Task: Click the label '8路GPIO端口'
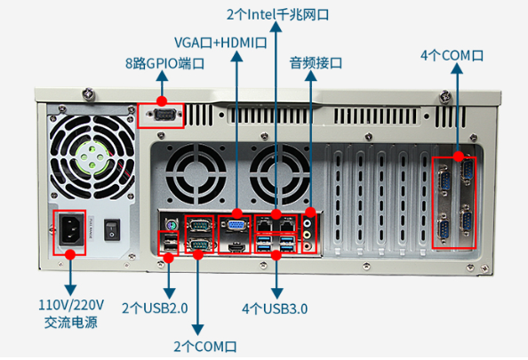[x=164, y=63]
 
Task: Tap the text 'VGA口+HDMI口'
[x=220, y=43]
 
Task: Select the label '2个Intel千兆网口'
[x=278, y=14]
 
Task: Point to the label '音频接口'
[x=316, y=63]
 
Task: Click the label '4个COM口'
[x=452, y=56]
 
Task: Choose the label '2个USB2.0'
[x=155, y=308]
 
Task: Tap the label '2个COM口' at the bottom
[x=205, y=347]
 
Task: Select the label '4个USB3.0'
[x=275, y=308]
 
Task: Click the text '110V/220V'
[x=71, y=305]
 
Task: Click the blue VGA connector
[x=236, y=225]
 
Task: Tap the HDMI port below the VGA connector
[x=236, y=247]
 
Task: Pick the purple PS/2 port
[x=171, y=223]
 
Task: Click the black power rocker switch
[x=112, y=230]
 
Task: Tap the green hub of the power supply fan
[x=92, y=157]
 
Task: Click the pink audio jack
[x=307, y=246]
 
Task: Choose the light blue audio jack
[x=307, y=223]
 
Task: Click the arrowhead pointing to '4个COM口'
[x=457, y=68]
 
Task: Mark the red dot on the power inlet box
[x=70, y=254]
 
